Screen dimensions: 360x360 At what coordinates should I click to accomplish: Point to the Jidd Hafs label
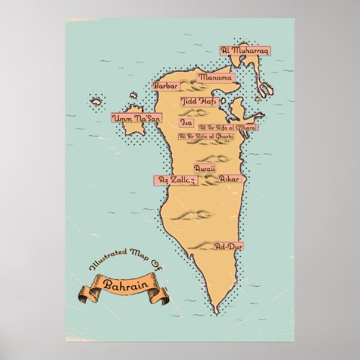198,101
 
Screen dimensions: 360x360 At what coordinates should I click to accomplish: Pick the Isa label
187,123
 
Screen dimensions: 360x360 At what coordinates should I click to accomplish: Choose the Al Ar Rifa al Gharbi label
206,136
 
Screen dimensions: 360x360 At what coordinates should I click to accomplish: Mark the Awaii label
204,166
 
